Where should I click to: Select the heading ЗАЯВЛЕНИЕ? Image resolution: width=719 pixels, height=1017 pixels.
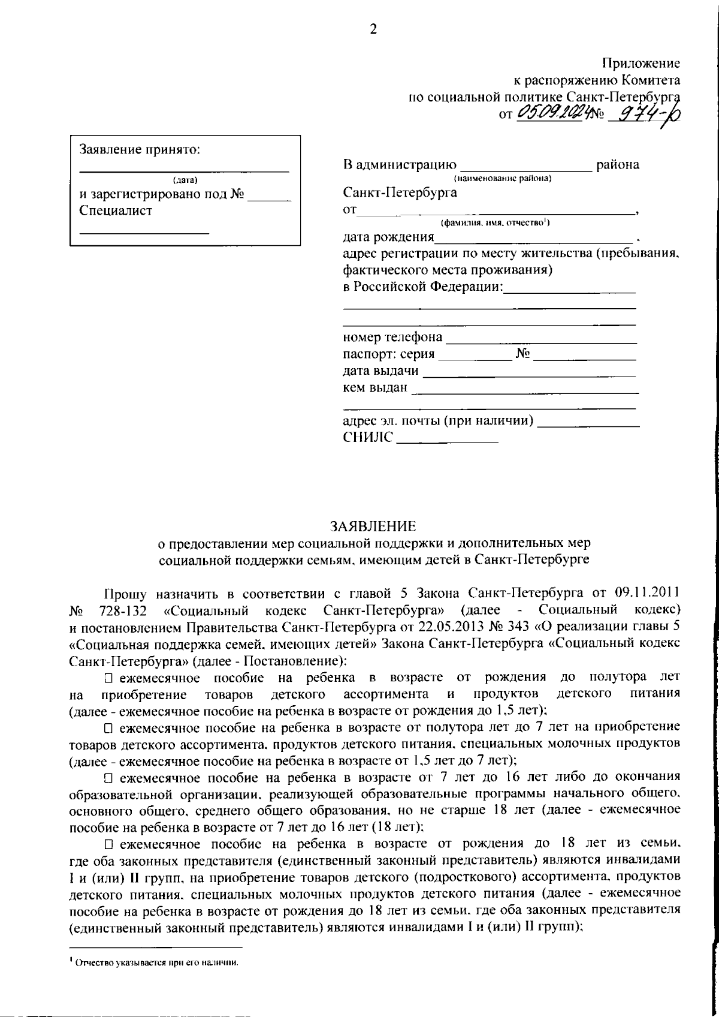tap(373, 526)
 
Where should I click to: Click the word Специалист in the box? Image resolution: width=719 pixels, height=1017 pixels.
tap(116, 210)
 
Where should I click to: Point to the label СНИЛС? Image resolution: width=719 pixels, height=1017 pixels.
tap(368, 438)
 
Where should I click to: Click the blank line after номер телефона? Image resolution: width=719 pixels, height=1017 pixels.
tap(540, 339)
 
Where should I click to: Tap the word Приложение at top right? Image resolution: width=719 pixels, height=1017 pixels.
tap(641, 63)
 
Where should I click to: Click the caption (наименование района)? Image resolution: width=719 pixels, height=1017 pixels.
tap(503, 179)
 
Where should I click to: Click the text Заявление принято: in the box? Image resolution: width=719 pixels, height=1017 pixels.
tap(140, 150)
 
